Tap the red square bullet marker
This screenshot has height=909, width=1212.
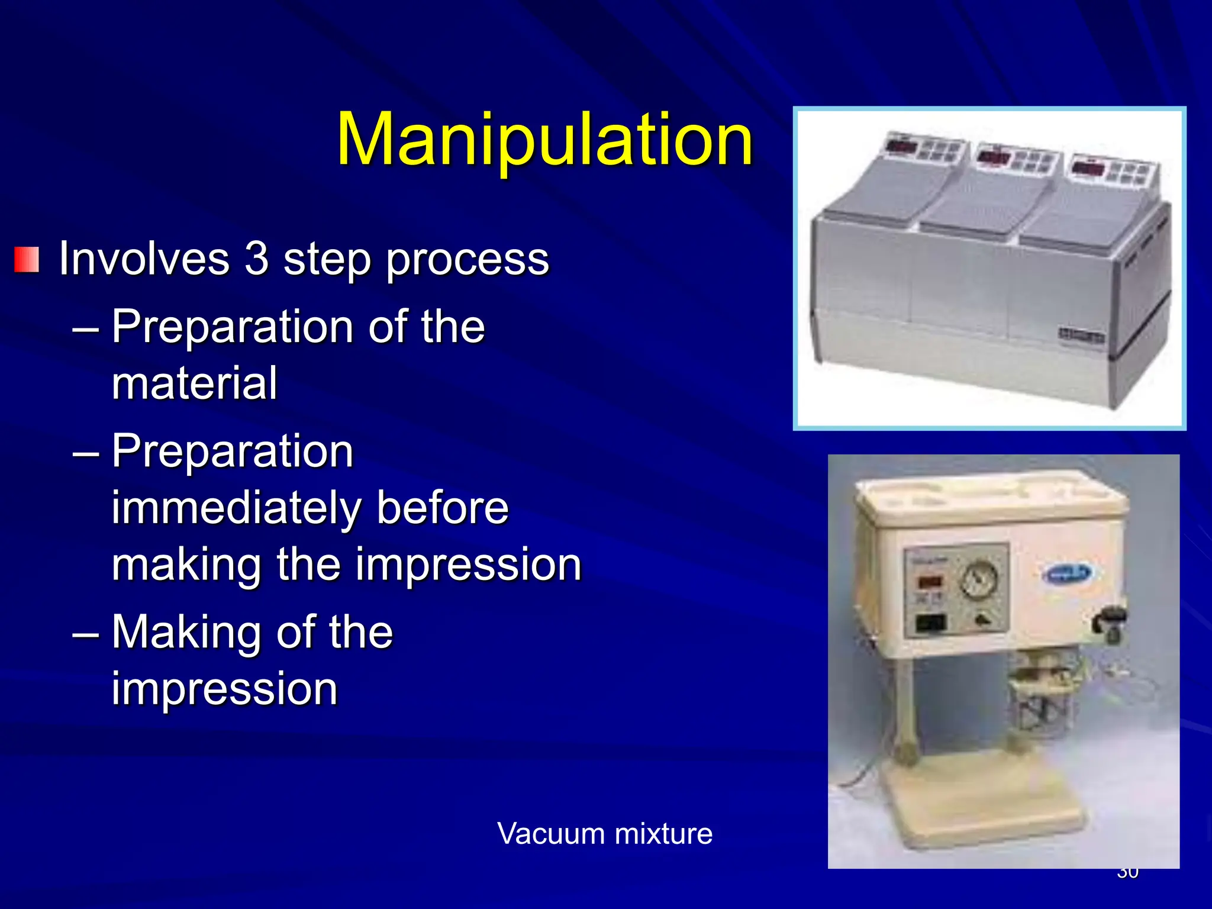click(x=27, y=260)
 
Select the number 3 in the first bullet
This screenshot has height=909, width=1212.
click(x=256, y=259)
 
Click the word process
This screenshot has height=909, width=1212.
click(x=468, y=260)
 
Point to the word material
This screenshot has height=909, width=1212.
click(x=194, y=383)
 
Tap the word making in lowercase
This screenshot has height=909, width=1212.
click(x=186, y=565)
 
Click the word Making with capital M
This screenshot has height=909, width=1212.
click(x=186, y=632)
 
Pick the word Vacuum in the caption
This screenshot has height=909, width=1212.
click(x=551, y=833)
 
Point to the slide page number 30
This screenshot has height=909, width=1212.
click(x=1127, y=872)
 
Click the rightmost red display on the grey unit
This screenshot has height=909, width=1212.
click(x=1088, y=167)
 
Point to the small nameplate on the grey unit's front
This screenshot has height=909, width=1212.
click(x=1081, y=336)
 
